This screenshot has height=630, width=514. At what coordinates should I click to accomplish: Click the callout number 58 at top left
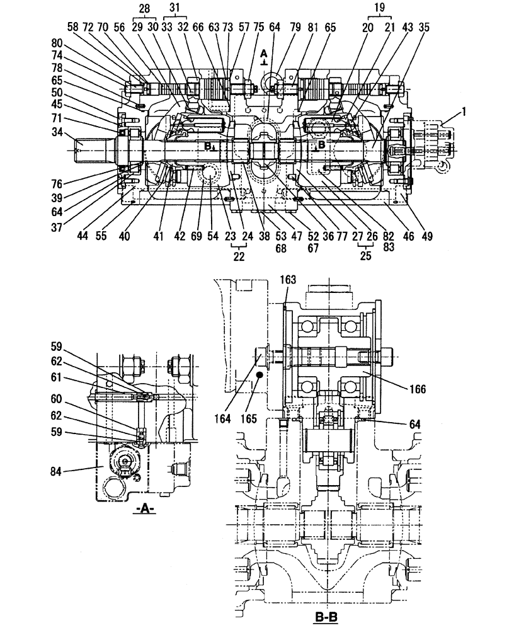pyautogui.click(x=73, y=28)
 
